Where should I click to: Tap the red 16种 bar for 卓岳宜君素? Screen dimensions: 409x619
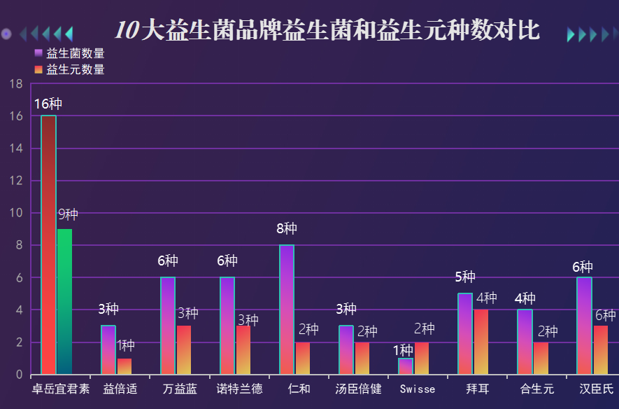pyautogui.click(x=48, y=245)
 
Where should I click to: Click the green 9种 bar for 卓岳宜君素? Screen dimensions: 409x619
pyautogui.click(x=64, y=301)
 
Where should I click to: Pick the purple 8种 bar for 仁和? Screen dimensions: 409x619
pyautogui.click(x=287, y=310)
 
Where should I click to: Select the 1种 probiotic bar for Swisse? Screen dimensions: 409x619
pyautogui.click(x=406, y=366)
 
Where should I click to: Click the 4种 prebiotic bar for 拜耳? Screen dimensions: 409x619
pyautogui.click(x=481, y=342)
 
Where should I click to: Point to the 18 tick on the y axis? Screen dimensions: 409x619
pyautogui.click(x=17, y=84)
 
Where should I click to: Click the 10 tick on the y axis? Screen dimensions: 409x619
pyautogui.click(x=17, y=213)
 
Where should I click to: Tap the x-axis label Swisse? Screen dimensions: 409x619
pyautogui.click(x=418, y=389)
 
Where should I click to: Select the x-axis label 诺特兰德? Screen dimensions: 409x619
pyautogui.click(x=239, y=389)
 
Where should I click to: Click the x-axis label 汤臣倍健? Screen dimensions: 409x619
pyautogui.click(x=358, y=389)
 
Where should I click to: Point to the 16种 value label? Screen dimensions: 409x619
pyautogui.click(x=48, y=104)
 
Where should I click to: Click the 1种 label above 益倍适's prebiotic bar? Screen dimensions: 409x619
pyautogui.click(x=126, y=345)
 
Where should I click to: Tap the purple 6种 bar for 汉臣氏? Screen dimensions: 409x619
pyautogui.click(x=584, y=326)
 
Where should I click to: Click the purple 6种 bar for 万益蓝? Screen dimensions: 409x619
pyautogui.click(x=168, y=326)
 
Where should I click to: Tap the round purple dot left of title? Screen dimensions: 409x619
pyautogui.click(x=6, y=34)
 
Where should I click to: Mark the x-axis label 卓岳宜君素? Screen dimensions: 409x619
pyautogui.click(x=61, y=389)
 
